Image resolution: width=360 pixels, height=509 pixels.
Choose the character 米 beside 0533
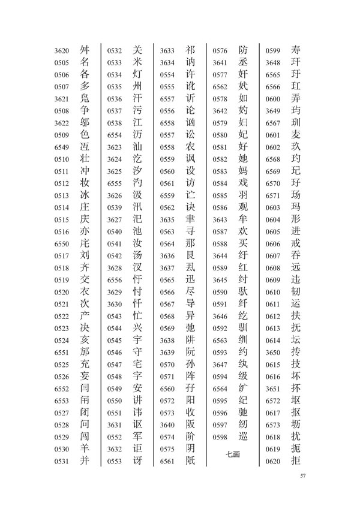[x=137, y=62]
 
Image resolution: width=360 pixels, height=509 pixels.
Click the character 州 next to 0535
[x=137, y=86]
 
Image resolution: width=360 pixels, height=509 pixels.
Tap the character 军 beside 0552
[x=137, y=436]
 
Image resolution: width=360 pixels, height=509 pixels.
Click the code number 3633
[x=167, y=50]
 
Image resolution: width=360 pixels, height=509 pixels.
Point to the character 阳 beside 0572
[x=190, y=400]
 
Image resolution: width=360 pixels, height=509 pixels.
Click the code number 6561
[x=167, y=461]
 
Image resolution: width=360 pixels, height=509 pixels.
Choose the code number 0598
[x=220, y=436]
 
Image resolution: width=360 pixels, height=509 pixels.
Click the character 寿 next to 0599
[x=295, y=50]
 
